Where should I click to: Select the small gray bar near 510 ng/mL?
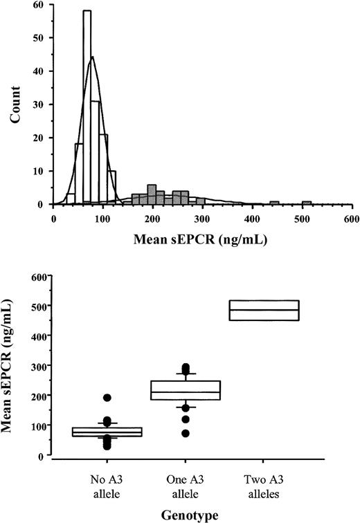pos(307,203)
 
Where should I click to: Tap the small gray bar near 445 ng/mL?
pos(274,203)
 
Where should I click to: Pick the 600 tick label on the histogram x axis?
pos(351,217)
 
